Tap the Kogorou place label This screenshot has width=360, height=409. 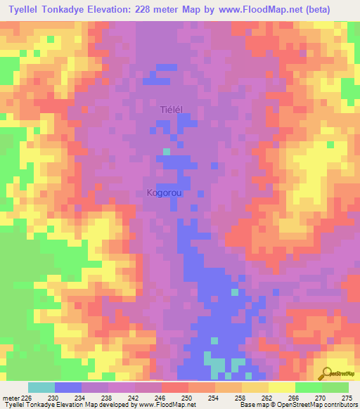[x=167, y=193]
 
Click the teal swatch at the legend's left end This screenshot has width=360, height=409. [x=41, y=387]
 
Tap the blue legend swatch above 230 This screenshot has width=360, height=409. [x=67, y=387]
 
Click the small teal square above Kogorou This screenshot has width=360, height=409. [x=167, y=150]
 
